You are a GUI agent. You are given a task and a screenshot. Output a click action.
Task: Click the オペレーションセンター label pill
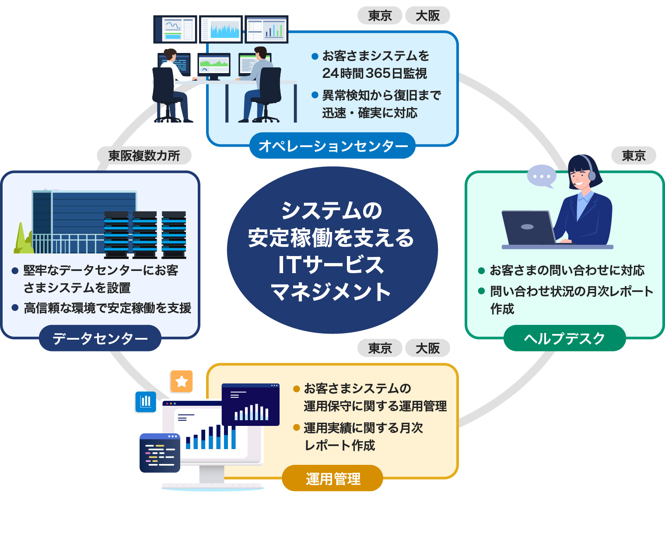pos(332,146)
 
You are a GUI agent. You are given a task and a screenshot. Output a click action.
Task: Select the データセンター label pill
pos(100,338)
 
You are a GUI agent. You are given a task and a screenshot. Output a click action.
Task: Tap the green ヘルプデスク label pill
pos(564,338)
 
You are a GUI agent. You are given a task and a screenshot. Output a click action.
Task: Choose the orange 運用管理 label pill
pos(332,478)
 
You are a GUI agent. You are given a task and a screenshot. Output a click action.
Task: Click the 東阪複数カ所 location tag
pos(144,155)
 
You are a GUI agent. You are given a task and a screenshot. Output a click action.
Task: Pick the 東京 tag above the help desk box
pos(633,155)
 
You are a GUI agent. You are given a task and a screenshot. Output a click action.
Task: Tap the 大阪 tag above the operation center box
pos(427,16)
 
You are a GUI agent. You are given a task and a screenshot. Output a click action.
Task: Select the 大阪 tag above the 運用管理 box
pos(427,348)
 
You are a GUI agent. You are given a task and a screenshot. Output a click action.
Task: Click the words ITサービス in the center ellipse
pos(331,265)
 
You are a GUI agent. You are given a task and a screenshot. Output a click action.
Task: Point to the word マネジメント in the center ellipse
pos(331,292)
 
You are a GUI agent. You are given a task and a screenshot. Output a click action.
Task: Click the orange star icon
pos(182,382)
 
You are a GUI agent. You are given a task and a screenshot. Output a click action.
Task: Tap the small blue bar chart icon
pos(146,401)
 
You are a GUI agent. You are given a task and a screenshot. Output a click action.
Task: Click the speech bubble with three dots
pos(542,176)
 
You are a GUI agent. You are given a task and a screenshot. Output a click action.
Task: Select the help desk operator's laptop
pos(528,228)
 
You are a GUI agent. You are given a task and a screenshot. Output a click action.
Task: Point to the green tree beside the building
pos(23,240)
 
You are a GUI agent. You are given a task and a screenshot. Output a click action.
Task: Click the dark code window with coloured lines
pos(160,453)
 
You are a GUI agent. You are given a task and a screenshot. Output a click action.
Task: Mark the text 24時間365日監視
pos(374,74)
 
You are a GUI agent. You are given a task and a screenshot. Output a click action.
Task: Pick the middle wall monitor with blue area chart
pos(221,29)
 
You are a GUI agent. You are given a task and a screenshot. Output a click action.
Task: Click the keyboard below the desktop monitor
pos(212,486)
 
